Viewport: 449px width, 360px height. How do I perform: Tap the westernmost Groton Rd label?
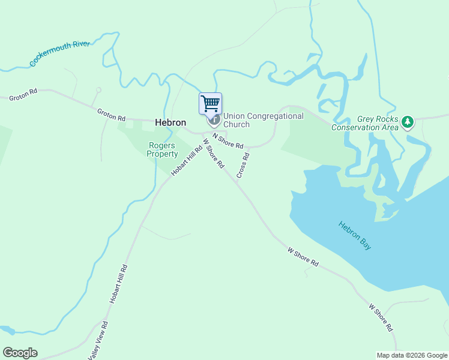point(23,94)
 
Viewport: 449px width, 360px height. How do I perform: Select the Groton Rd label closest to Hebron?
point(112,113)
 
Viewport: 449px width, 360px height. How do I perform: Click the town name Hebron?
point(170,122)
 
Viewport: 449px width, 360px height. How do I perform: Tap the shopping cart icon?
point(210,103)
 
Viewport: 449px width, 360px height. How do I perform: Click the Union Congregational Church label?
point(263,120)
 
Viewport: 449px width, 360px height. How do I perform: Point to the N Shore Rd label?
point(228,141)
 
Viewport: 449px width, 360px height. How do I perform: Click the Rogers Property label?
point(162,149)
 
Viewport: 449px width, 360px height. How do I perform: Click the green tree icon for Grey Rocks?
point(408,122)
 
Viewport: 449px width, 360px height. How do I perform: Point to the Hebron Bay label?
point(355,235)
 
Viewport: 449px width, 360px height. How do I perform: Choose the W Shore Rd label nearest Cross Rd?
point(213,154)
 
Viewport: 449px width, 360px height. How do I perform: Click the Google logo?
point(20,353)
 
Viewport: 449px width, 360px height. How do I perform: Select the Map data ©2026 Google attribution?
point(412,355)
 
